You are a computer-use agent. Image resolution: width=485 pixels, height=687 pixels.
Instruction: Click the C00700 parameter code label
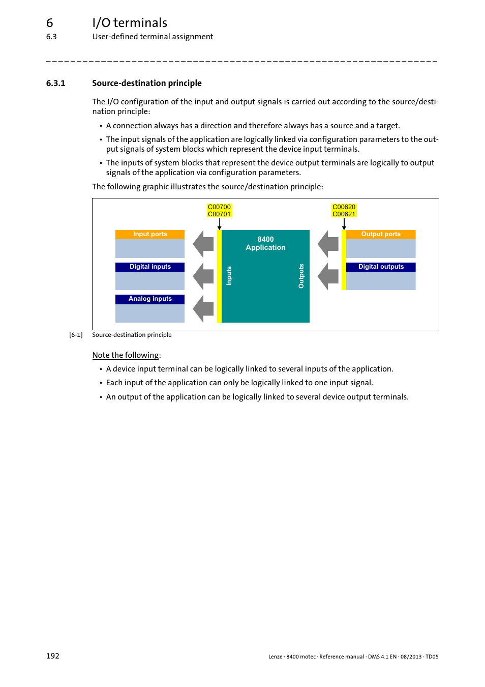pyautogui.click(x=219, y=207)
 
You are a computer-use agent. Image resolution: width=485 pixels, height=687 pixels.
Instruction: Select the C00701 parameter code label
pyautogui.click(x=219, y=214)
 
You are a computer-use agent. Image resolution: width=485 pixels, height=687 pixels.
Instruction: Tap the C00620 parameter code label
pyautogui.click(x=344, y=207)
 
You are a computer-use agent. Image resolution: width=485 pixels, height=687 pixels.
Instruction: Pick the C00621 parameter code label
pyautogui.click(x=344, y=214)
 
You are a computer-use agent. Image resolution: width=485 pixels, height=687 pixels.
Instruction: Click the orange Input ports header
pyautogui.click(x=150, y=234)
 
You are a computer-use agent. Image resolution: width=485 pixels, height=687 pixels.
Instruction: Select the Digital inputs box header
pyautogui.click(x=150, y=267)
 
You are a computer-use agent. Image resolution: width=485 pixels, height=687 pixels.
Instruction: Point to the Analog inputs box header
pyautogui.click(x=150, y=299)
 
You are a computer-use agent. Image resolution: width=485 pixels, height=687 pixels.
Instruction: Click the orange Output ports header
pyautogui.click(x=381, y=234)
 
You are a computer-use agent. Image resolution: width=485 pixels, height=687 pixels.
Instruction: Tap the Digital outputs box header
pyautogui.click(x=381, y=267)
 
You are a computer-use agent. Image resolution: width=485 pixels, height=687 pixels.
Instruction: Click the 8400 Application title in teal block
pyautogui.click(x=265, y=243)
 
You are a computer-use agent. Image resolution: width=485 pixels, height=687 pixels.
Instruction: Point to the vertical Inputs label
pyautogui.click(x=229, y=276)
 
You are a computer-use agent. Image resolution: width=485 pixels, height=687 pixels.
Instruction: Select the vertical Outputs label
pyautogui.click(x=301, y=276)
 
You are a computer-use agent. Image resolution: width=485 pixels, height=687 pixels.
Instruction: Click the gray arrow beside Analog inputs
pyautogui.click(x=203, y=308)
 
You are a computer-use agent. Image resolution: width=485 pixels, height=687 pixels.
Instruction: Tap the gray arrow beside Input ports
pyautogui.click(x=203, y=244)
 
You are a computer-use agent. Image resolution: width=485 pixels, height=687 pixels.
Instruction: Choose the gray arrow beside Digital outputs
pyautogui.click(x=328, y=276)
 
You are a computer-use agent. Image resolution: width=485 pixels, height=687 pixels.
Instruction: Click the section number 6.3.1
pyautogui.click(x=55, y=83)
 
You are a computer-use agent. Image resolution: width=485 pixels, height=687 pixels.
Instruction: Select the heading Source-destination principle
pyautogui.click(x=147, y=83)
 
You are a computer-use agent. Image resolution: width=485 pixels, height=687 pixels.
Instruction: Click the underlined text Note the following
pyautogui.click(x=126, y=355)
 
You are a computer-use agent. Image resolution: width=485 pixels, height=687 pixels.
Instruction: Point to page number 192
pyautogui.click(x=53, y=656)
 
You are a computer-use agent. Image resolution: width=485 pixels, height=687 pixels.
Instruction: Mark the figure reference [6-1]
pyautogui.click(x=76, y=335)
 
